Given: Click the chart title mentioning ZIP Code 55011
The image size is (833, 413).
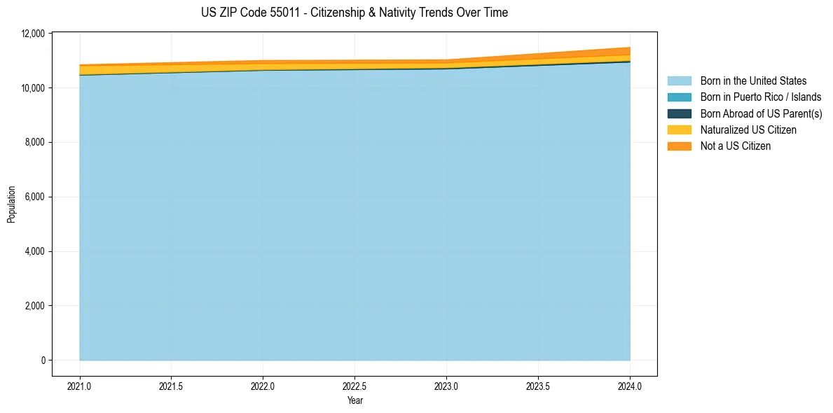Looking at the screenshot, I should [x=354, y=13].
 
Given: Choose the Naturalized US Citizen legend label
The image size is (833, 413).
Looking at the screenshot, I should [x=748, y=130].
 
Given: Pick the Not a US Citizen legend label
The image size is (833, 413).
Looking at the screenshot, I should [x=736, y=146].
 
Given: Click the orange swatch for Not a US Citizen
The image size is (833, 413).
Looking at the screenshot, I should [x=679, y=146].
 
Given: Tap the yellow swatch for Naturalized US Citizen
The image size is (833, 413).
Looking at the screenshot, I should [x=679, y=130].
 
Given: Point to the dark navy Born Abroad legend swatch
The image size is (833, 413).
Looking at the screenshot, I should [x=679, y=113].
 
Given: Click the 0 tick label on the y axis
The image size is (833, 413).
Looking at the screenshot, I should [x=43, y=360].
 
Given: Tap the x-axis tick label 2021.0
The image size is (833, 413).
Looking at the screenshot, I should [x=80, y=386].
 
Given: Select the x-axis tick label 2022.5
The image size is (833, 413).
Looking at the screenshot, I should [x=354, y=386].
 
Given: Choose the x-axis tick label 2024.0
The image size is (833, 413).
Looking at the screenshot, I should [x=630, y=386].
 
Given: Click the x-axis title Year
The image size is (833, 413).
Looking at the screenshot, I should [x=354, y=400].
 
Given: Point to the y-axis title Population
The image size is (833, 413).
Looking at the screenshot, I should [x=11, y=204].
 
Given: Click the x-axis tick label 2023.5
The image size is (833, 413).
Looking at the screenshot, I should [x=538, y=386].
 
